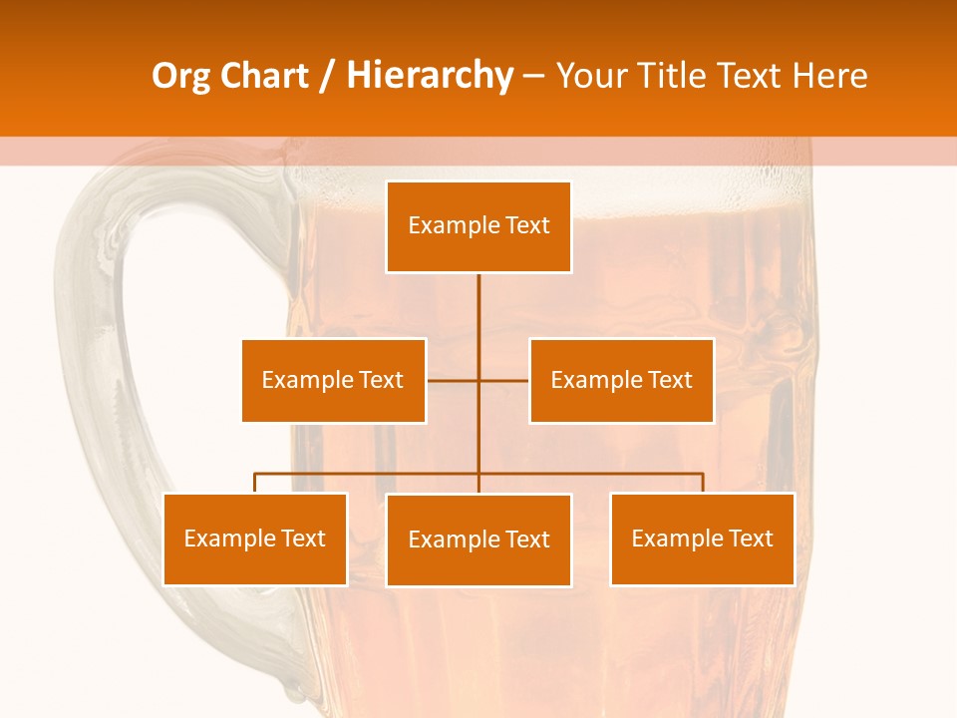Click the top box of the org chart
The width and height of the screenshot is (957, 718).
(x=478, y=226)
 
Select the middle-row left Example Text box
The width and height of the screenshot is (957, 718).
(x=333, y=380)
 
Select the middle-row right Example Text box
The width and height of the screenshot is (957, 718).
(x=621, y=380)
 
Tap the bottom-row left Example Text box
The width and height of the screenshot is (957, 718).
(x=254, y=538)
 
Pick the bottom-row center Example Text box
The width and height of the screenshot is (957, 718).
(x=478, y=539)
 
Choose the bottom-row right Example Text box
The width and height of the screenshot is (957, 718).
(x=702, y=538)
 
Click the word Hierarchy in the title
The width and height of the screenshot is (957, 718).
(x=429, y=76)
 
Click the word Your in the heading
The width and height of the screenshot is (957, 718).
(x=591, y=76)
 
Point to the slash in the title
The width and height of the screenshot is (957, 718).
(x=327, y=76)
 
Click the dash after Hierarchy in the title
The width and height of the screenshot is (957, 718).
(x=533, y=76)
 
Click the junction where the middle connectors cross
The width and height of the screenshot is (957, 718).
(x=478, y=380)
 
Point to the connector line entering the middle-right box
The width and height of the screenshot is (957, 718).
(x=504, y=380)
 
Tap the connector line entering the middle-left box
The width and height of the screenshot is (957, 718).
(x=452, y=380)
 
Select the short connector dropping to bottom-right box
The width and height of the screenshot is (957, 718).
(x=703, y=483)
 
